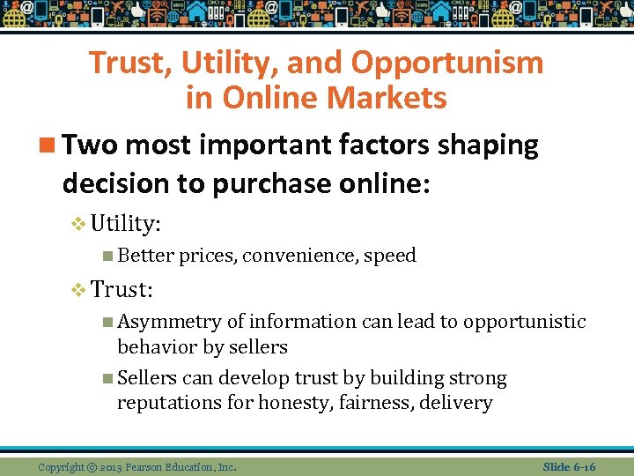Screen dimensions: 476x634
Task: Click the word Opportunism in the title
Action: tap(447, 63)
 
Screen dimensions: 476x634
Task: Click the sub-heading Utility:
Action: tap(125, 224)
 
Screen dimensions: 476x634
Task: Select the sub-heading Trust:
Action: tap(122, 288)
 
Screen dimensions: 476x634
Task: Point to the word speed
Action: tap(390, 257)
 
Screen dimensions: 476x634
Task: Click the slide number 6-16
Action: tap(582, 466)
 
